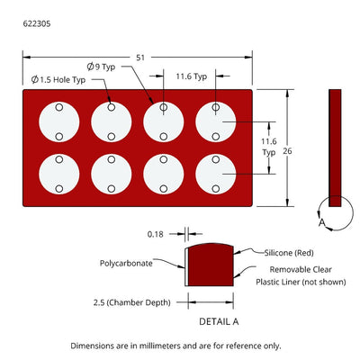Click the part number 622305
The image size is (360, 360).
(37, 23)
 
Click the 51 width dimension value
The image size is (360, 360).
(140, 58)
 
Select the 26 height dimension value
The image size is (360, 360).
(287, 151)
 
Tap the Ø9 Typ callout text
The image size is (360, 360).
(101, 67)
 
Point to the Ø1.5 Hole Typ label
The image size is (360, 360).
(58, 80)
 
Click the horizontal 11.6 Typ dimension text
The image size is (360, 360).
(192, 76)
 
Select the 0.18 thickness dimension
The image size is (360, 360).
(156, 234)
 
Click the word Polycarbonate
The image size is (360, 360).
(126, 264)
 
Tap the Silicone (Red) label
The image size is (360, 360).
(289, 253)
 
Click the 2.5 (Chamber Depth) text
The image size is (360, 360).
(132, 302)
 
